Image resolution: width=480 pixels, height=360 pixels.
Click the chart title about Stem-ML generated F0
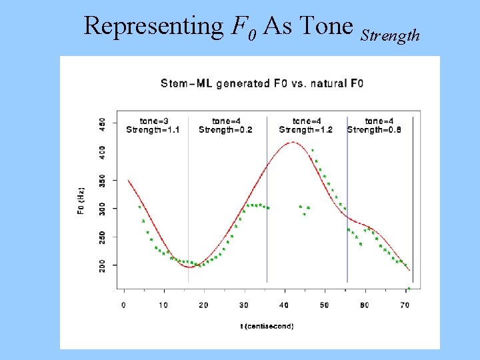point(262,83)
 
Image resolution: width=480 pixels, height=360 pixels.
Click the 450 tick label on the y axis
point(102,125)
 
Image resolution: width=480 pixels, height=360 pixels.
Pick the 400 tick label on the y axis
point(102,153)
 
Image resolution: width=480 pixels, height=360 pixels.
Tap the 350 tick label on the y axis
point(102,181)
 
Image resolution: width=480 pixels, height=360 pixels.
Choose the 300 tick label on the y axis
point(102,209)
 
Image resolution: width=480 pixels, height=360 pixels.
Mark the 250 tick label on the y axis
point(102,237)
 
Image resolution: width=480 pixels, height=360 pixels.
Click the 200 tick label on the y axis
point(102,265)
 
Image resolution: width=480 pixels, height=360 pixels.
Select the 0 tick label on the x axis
point(124,305)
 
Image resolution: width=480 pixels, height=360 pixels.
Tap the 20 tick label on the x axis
point(203,305)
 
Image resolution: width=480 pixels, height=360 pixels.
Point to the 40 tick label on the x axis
point(284,305)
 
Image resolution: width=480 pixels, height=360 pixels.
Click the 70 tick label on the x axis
point(404,305)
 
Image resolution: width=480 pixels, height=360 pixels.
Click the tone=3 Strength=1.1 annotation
point(153,125)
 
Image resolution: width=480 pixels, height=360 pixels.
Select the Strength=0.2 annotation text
point(225,130)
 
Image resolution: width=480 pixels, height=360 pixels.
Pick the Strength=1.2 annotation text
point(306,130)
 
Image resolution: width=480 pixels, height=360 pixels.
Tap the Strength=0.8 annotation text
point(374,130)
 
